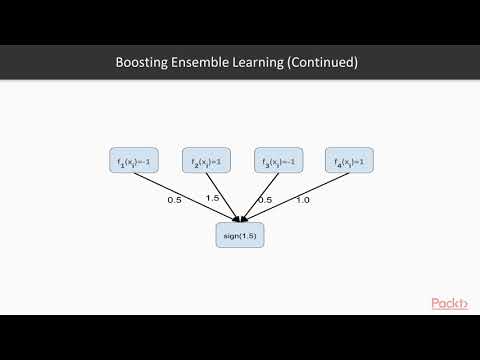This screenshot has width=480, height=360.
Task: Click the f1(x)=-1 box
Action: [x=135, y=161]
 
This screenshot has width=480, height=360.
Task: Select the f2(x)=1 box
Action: [x=206, y=161]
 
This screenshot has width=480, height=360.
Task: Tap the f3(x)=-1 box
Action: [x=278, y=161]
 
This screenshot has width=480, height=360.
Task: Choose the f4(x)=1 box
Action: [x=350, y=161]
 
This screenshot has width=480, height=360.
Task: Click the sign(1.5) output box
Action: [x=240, y=234]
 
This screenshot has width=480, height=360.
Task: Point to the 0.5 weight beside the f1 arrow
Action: [x=173, y=200]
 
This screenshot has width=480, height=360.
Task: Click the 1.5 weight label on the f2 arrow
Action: [x=211, y=198]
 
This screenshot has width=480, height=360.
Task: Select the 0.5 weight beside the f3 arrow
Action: [x=265, y=199]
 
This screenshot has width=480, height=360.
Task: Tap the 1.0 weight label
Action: [x=303, y=200]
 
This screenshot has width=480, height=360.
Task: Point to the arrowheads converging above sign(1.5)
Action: [x=240, y=218]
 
